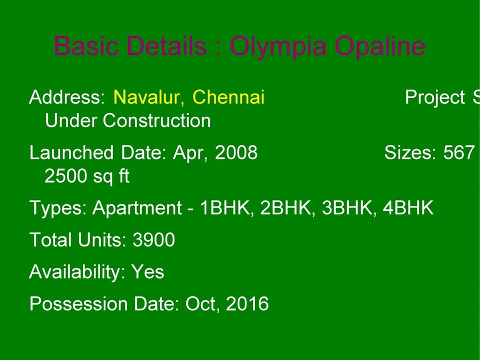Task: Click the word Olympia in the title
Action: pyautogui.click(x=278, y=46)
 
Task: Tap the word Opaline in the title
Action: pyautogui.click(x=380, y=46)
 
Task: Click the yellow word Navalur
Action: pyautogui.click(x=148, y=97)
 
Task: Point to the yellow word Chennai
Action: pyautogui.click(x=228, y=97)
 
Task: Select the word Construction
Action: pyautogui.click(x=156, y=121)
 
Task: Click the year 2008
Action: pyautogui.click(x=236, y=152)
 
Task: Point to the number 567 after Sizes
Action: pyautogui.click(x=458, y=152)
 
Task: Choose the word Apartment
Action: pyautogui.click(x=137, y=208)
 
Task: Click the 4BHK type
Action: pyautogui.click(x=408, y=208)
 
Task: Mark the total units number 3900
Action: pyautogui.click(x=153, y=240)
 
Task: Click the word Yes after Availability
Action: pyautogui.click(x=147, y=272)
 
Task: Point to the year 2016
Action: pyautogui.click(x=247, y=304)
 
